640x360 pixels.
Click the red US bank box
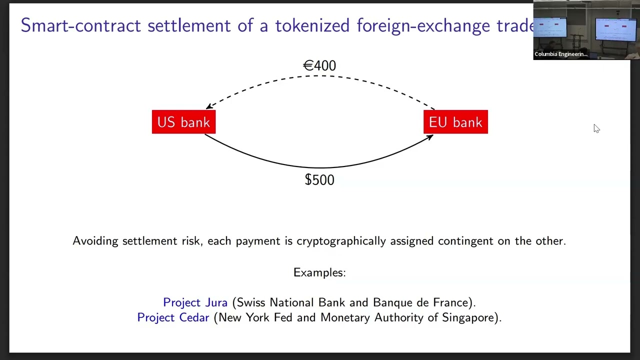183,121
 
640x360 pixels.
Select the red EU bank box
455,121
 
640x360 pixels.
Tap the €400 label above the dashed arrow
319,65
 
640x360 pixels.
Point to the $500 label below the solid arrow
319,180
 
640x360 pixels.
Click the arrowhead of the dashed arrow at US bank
209,106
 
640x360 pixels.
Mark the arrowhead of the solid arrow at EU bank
430,137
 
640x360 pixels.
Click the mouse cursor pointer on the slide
596,128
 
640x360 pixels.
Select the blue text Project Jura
195,302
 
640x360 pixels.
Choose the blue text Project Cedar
173,317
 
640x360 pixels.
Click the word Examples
319,272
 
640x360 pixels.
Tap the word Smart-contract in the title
81,25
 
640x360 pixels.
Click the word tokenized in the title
312,25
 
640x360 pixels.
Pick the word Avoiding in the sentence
95,241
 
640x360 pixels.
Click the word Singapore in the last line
469,318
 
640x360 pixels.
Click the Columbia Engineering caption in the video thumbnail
561,54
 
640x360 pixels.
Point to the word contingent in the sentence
465,241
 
